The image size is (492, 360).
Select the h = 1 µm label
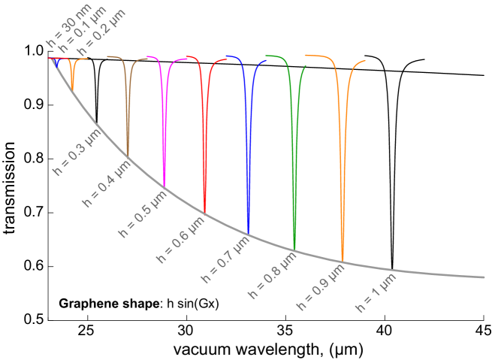coord(375,294)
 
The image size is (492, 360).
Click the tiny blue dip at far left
coord(56,64)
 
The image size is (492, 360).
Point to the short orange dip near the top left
coord(72,78)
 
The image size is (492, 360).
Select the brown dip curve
coord(128,113)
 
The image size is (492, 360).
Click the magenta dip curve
coord(164,128)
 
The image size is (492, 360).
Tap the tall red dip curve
coord(204,143)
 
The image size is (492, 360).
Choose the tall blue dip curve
coord(249,158)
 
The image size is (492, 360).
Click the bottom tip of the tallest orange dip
coord(343,259)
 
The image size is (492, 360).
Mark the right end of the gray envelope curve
coord(483,277)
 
